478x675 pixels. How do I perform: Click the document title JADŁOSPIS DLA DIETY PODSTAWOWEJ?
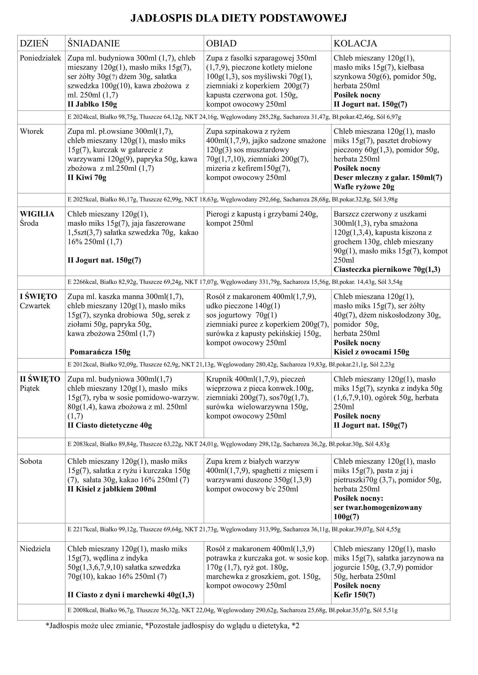[239, 18]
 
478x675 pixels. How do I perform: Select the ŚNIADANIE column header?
[94, 43]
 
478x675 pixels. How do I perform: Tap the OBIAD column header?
[221, 43]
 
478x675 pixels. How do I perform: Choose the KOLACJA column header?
[355, 43]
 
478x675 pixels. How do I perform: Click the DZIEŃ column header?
[34, 43]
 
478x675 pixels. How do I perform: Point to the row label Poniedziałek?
[40, 58]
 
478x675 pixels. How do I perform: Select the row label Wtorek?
[32, 131]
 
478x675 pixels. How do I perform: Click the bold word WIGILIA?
[37, 214]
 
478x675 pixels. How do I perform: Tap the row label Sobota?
[31, 461]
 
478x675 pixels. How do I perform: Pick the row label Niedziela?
[35, 549]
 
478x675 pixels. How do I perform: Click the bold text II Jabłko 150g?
[92, 104]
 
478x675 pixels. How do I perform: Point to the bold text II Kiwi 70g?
[87, 177]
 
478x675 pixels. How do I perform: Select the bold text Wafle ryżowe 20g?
[364, 187]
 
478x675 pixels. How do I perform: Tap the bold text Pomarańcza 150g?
[100, 352]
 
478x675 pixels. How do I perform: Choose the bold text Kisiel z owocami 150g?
[371, 352]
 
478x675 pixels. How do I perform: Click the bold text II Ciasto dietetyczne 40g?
[110, 425]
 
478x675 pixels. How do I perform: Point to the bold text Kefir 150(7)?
[354, 595]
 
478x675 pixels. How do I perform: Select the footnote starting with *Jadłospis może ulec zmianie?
[172, 626]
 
